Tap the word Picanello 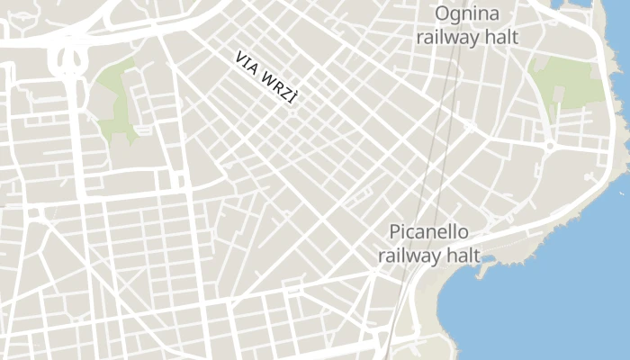click(x=427, y=231)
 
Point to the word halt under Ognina click(x=499, y=38)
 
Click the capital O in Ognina click(x=443, y=13)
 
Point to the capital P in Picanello click(x=395, y=231)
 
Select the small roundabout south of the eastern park click(x=549, y=145)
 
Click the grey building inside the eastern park click(x=560, y=94)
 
